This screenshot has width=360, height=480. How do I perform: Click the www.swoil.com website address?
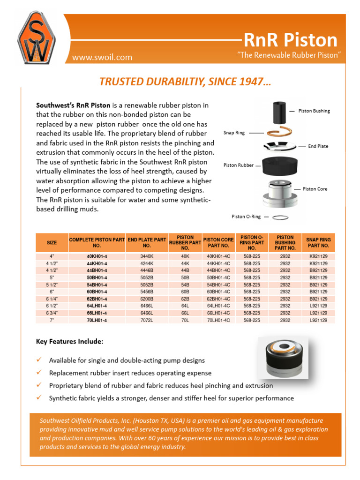tap(102, 58)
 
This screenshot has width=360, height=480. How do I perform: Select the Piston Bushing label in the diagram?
tap(315, 111)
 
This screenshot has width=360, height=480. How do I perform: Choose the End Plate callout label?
tap(318, 146)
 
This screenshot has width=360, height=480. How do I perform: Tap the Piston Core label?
tap(315, 189)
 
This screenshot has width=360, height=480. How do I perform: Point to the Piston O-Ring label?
tap(247, 217)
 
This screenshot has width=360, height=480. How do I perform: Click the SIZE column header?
tap(52, 242)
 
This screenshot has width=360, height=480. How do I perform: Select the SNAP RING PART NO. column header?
tap(319, 242)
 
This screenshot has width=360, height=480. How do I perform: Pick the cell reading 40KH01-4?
tap(97, 256)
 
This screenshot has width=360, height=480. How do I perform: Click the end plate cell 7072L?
tap(147, 320)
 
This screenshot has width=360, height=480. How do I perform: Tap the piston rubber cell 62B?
tap(185, 299)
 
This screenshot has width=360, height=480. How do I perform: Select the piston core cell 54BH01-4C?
tap(218, 285)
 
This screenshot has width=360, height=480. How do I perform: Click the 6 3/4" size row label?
tap(52, 313)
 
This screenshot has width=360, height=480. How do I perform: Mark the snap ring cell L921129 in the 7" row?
tap(319, 320)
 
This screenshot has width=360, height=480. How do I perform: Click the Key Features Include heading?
tap(69, 342)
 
